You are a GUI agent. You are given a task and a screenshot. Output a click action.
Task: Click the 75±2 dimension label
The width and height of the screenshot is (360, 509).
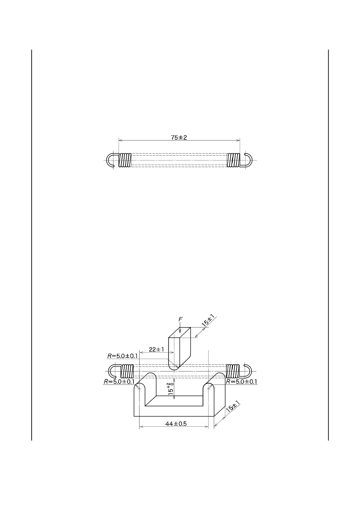[x=179, y=137]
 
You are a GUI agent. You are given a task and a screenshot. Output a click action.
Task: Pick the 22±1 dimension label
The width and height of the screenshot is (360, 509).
[x=157, y=350]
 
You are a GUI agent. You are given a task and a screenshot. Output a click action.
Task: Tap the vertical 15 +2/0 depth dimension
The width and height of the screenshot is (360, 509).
[x=171, y=388]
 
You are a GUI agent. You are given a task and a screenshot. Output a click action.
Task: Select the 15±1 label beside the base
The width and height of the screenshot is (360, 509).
[x=233, y=407]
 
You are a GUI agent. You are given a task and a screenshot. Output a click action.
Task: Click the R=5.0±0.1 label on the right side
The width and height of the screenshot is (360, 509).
[x=241, y=382]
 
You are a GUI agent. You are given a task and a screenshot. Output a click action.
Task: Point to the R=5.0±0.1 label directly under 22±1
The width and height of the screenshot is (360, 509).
[x=122, y=356]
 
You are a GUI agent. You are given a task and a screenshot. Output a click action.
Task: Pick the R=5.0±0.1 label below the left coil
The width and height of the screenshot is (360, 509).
[x=119, y=382]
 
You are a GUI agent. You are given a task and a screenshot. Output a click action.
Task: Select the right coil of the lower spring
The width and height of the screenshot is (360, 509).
[x=233, y=371]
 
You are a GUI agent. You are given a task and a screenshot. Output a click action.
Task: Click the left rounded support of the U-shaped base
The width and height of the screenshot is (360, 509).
[x=140, y=391]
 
